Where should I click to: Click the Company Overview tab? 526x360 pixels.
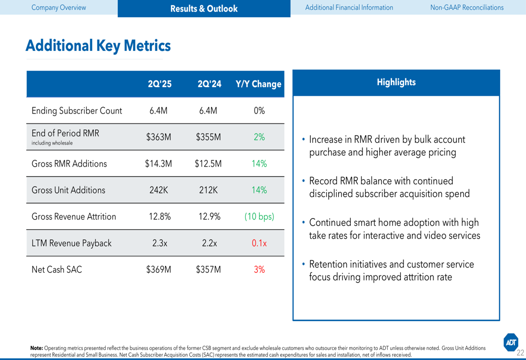pyautogui.click(x=58, y=7)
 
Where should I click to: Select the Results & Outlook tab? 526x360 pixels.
pyautogui.click(x=204, y=8)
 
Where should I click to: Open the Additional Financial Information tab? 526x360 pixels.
pyautogui.click(x=349, y=7)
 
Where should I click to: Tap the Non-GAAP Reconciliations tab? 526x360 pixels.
pyautogui.click(x=467, y=7)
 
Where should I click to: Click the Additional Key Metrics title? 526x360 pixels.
pyautogui.click(x=98, y=46)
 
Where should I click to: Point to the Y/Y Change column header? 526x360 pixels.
pyautogui.click(x=258, y=84)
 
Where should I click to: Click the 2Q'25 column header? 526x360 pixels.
pyautogui.click(x=159, y=84)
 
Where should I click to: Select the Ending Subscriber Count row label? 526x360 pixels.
pyautogui.click(x=77, y=111)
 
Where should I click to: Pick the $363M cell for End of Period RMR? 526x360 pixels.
pyautogui.click(x=158, y=137)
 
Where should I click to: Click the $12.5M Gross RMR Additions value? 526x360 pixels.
pyautogui.click(x=208, y=164)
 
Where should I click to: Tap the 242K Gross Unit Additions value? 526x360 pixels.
pyautogui.click(x=158, y=190)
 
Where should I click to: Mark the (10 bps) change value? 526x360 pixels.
pyautogui.click(x=259, y=217)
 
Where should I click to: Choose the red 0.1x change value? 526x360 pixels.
pyautogui.click(x=259, y=243)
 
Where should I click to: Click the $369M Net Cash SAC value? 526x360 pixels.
pyautogui.click(x=158, y=270)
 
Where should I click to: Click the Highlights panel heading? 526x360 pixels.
pyautogui.click(x=396, y=82)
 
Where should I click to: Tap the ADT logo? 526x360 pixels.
pyautogui.click(x=511, y=342)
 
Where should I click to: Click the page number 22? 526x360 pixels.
pyautogui.click(x=520, y=353)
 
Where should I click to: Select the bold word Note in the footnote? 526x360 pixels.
pyautogui.click(x=36, y=348)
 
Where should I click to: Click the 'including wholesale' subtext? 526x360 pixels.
pyautogui.click(x=52, y=143)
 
